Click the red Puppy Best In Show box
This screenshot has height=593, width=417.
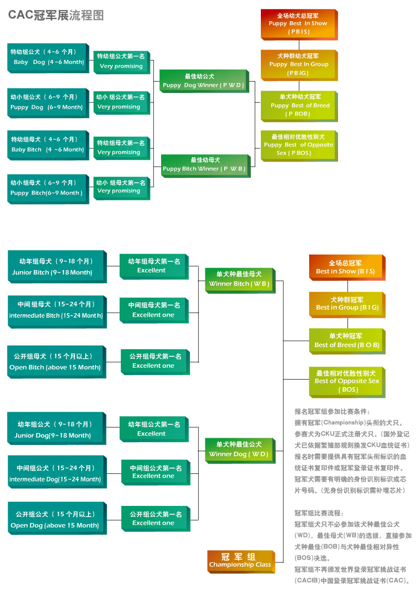click(298, 23)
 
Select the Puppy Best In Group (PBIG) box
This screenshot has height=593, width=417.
click(299, 65)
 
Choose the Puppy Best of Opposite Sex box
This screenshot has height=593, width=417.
click(298, 145)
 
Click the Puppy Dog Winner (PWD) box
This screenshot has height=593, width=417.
click(203, 81)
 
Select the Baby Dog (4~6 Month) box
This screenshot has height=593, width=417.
click(47, 57)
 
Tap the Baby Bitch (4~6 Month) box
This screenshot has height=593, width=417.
click(47, 145)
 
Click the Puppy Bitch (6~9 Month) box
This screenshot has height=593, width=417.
click(47, 188)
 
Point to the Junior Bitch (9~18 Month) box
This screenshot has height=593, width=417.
click(56, 267)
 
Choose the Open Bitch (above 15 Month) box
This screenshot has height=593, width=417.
click(56, 361)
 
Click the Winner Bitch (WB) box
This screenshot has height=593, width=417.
click(239, 279)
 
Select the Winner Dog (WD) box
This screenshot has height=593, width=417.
click(239, 449)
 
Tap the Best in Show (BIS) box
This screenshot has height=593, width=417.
click(346, 267)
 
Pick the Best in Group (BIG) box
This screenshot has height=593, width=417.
click(347, 304)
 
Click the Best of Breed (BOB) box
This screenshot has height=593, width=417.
click(347, 341)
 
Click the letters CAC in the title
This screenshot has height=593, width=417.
click(21, 15)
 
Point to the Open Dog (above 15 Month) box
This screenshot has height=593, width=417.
click(56, 519)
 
